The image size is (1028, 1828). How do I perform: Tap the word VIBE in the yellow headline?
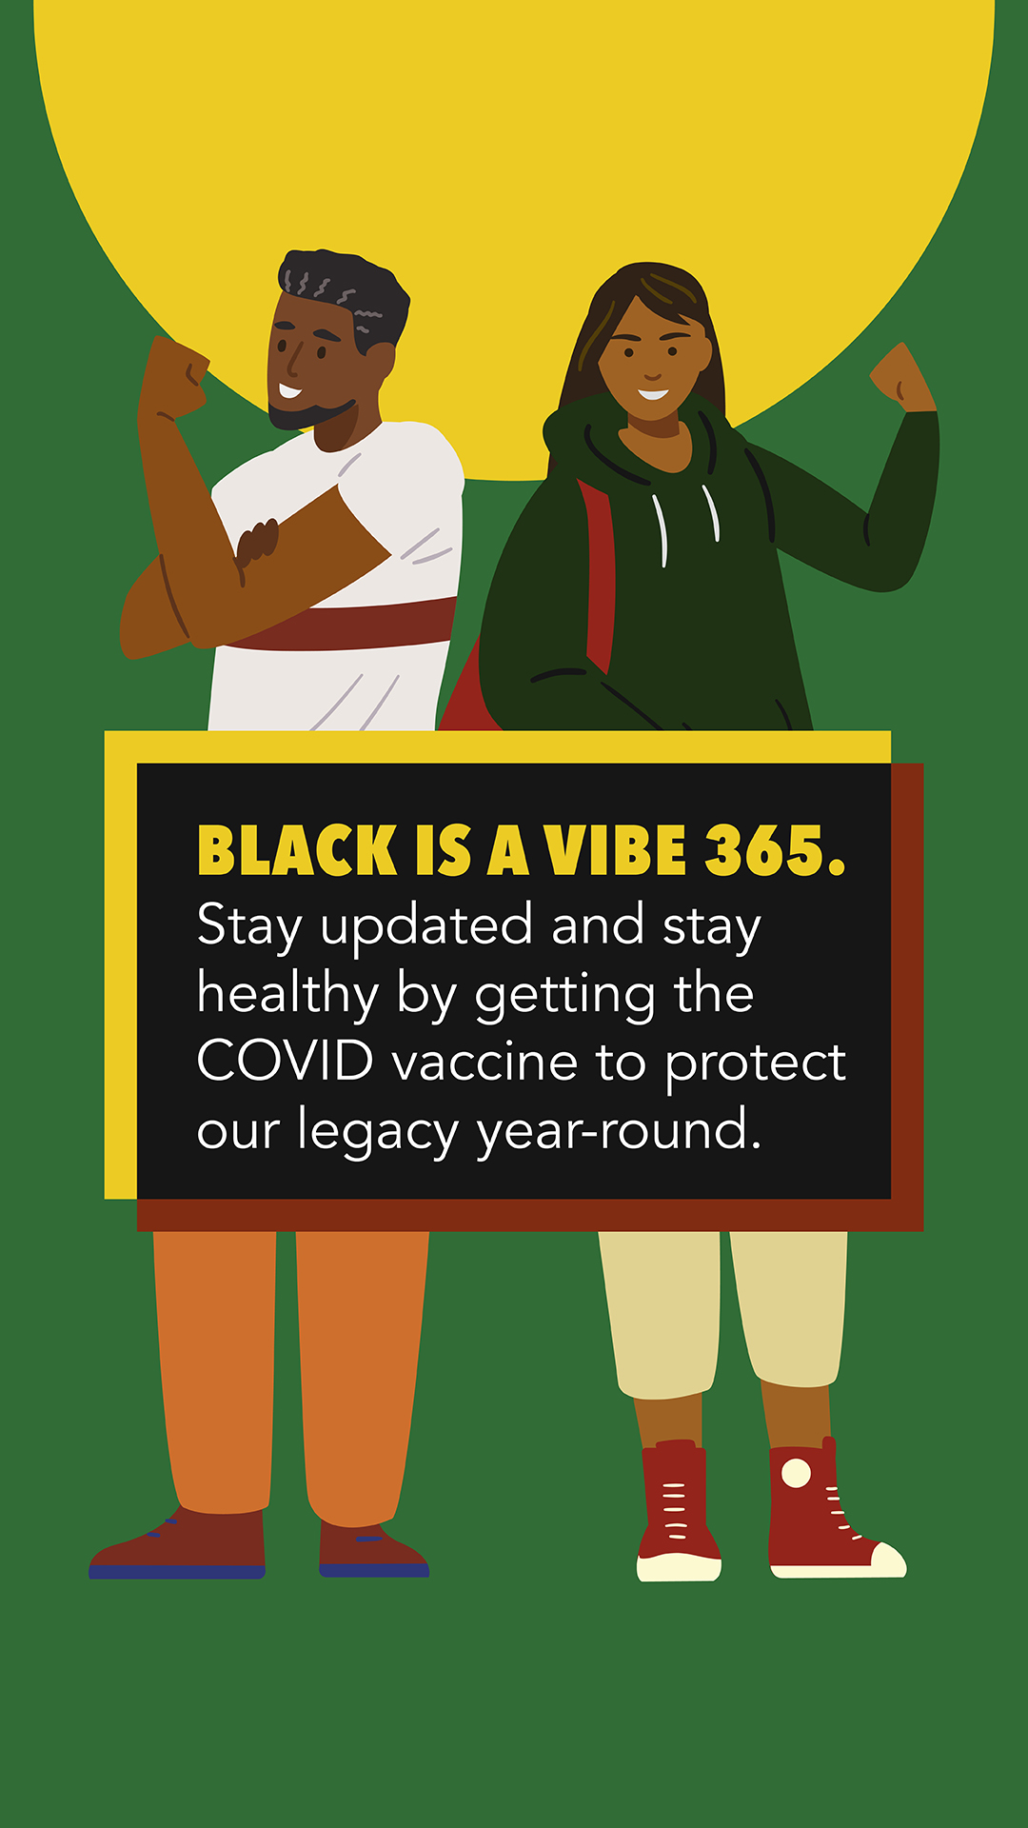[616, 850]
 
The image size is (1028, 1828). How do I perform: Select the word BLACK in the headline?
[297, 850]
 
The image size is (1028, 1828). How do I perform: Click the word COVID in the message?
[286, 1062]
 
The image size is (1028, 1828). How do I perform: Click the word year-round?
[619, 1131]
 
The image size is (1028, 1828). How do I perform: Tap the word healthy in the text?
[287, 995]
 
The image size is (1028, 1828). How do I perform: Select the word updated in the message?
[426, 926]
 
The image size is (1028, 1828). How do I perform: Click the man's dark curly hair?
[347, 290]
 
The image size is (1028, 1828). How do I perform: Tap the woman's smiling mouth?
[653, 393]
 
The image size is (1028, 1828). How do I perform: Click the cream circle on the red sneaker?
[796, 1473]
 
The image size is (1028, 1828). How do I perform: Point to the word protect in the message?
[755, 1063]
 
